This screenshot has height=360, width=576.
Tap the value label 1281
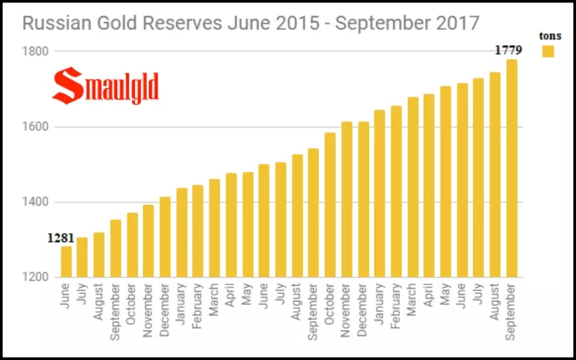coord(61,238)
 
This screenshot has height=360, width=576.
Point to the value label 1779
coord(509,50)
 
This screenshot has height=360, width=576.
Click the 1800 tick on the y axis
coord(34,51)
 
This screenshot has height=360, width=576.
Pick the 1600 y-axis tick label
coord(34,127)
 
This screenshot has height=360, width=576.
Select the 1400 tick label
coord(34,202)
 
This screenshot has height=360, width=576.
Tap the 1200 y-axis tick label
coord(34,278)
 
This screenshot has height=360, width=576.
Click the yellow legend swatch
coord(548,51)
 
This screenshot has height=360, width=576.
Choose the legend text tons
coord(549,36)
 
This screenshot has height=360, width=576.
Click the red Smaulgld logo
coord(105,86)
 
